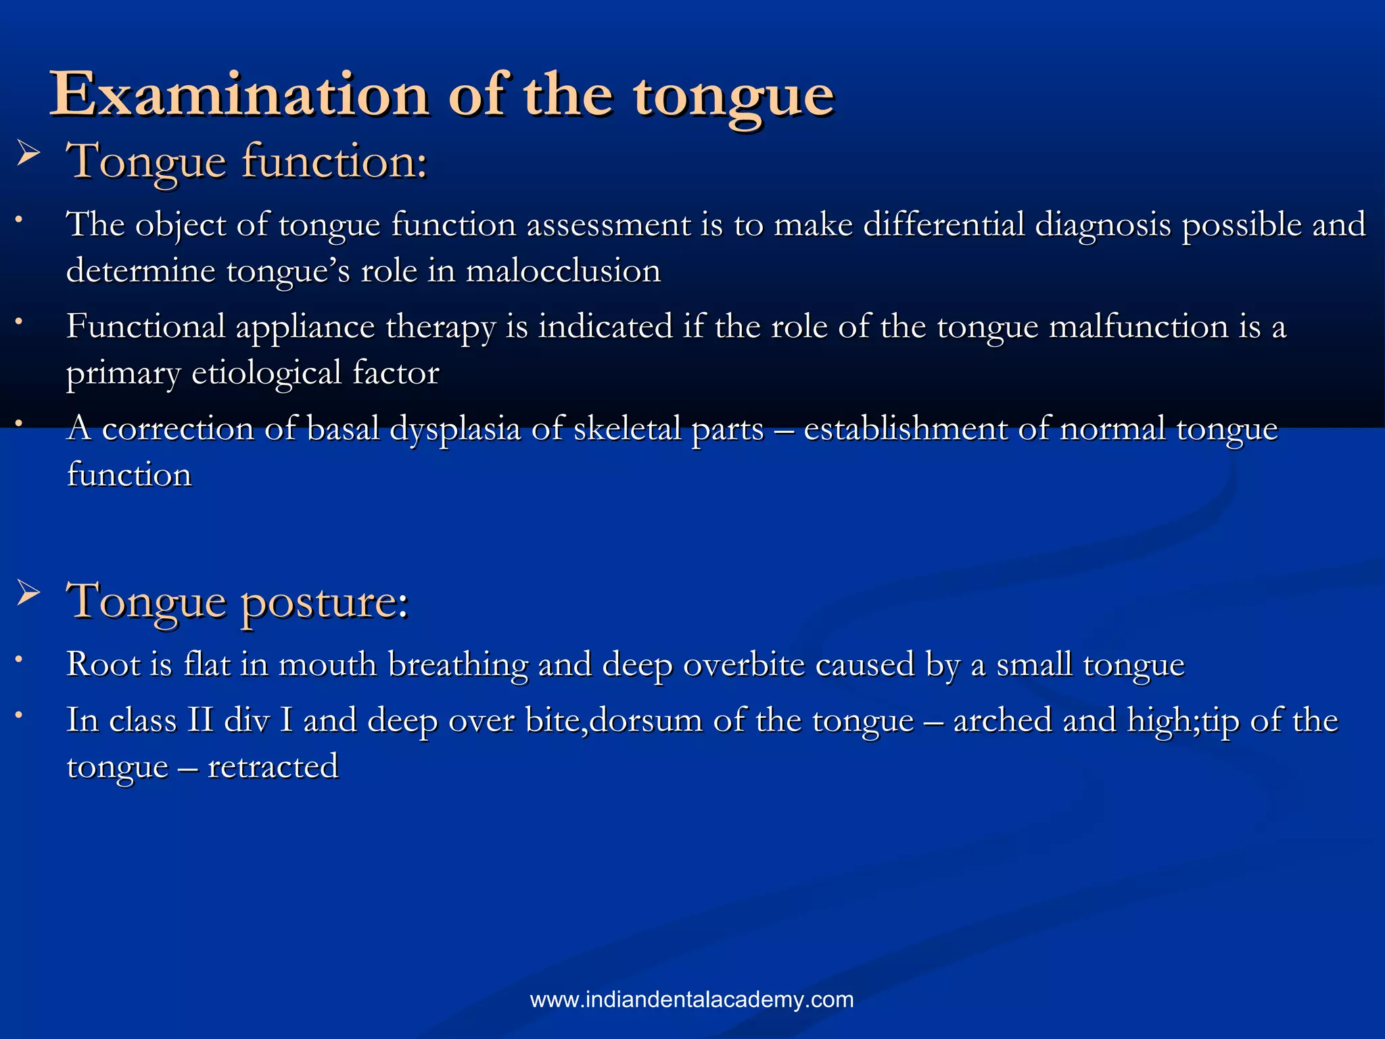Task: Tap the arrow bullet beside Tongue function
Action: click(x=28, y=155)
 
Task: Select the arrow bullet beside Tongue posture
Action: click(x=28, y=593)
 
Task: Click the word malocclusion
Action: click(x=563, y=271)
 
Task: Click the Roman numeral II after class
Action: click(x=200, y=720)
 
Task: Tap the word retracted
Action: click(x=273, y=767)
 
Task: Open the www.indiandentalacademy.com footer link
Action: click(x=692, y=1000)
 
